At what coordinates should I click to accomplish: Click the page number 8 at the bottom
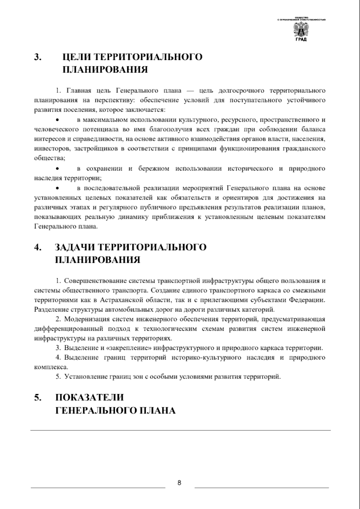(x=179, y=483)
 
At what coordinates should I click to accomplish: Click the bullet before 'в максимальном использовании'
(x=57, y=120)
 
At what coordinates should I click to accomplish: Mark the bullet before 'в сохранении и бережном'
(x=57, y=168)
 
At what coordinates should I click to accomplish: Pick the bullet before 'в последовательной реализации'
(x=57, y=188)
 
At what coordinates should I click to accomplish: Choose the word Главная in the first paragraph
(x=76, y=91)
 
